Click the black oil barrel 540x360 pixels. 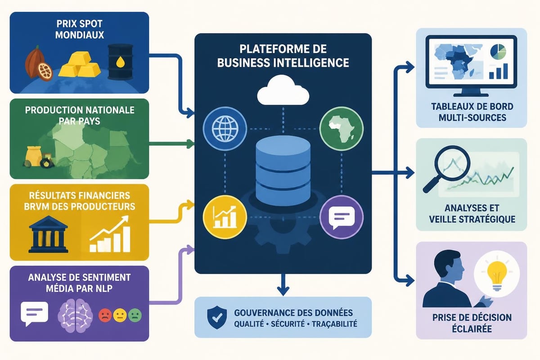(120, 62)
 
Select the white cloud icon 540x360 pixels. (283, 90)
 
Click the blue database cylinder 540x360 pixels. (283, 171)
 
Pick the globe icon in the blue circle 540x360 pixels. (225, 129)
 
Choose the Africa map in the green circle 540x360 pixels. (342, 129)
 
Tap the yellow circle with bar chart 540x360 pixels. (225, 217)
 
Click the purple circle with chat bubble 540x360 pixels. (342, 217)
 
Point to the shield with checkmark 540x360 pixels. (217, 317)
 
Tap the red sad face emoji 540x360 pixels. (105, 315)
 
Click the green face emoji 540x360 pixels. (135, 315)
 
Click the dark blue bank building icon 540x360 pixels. (48, 234)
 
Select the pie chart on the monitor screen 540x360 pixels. (498, 52)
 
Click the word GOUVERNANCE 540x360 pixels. (263, 313)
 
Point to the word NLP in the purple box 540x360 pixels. (104, 288)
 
